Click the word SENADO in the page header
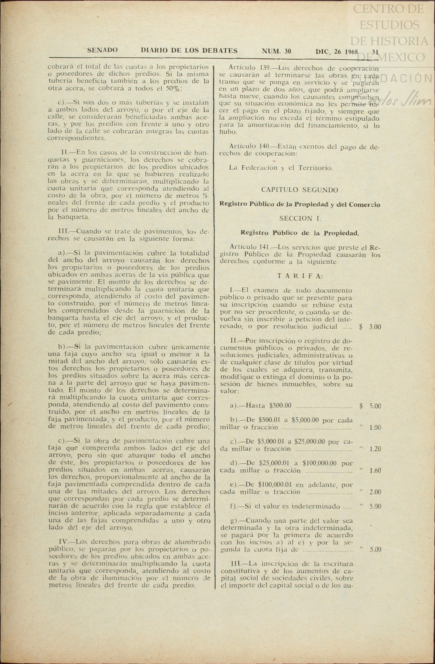(102, 51)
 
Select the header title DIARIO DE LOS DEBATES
(189, 51)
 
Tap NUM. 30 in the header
(276, 51)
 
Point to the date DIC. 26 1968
(337, 52)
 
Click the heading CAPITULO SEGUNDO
(300, 190)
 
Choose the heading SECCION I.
(300, 219)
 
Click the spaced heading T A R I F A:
(300, 276)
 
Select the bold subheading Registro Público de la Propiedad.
(300, 233)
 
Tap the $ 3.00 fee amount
(370, 327)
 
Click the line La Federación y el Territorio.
(281, 168)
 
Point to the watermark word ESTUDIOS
(389, 25)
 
